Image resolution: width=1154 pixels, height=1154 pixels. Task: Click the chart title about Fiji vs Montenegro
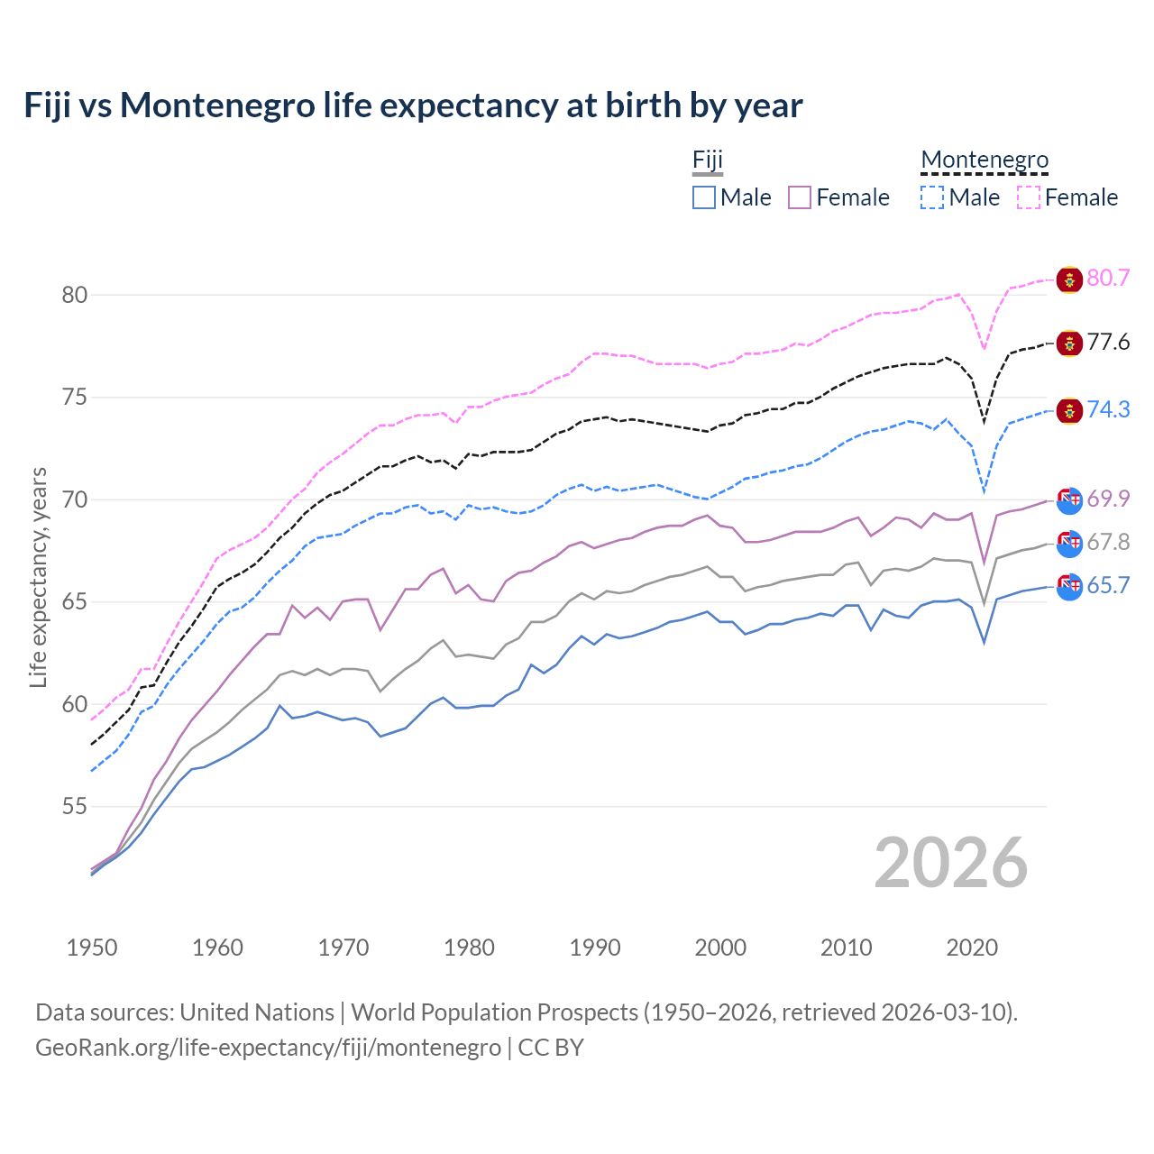413,105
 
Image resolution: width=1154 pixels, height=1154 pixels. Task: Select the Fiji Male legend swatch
704,197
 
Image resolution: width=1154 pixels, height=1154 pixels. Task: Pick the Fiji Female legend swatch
800,197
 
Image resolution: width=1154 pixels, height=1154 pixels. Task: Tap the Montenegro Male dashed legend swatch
932,197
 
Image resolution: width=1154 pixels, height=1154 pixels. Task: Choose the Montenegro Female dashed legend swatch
1029,197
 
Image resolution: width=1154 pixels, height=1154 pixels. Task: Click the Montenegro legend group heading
985,160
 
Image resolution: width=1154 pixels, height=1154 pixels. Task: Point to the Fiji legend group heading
708,160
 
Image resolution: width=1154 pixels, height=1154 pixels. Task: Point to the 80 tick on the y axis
75,295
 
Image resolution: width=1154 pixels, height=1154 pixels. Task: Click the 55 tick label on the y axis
75,806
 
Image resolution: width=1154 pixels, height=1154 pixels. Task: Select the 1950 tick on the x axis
92,948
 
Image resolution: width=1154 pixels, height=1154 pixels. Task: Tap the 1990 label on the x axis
595,948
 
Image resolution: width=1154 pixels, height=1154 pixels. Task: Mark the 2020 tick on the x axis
972,948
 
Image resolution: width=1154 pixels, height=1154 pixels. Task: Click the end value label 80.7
1108,278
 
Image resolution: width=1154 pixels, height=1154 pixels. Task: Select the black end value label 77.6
1108,343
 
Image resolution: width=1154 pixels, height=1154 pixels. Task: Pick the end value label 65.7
1108,586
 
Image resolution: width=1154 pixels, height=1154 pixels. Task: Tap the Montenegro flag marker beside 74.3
1069,410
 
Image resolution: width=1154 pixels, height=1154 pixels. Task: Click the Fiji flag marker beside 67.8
1069,544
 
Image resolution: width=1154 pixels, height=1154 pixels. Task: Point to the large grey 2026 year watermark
951,863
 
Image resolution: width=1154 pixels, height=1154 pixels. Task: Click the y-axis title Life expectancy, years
38,577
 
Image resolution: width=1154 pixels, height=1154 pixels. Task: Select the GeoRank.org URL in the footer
268,1048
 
